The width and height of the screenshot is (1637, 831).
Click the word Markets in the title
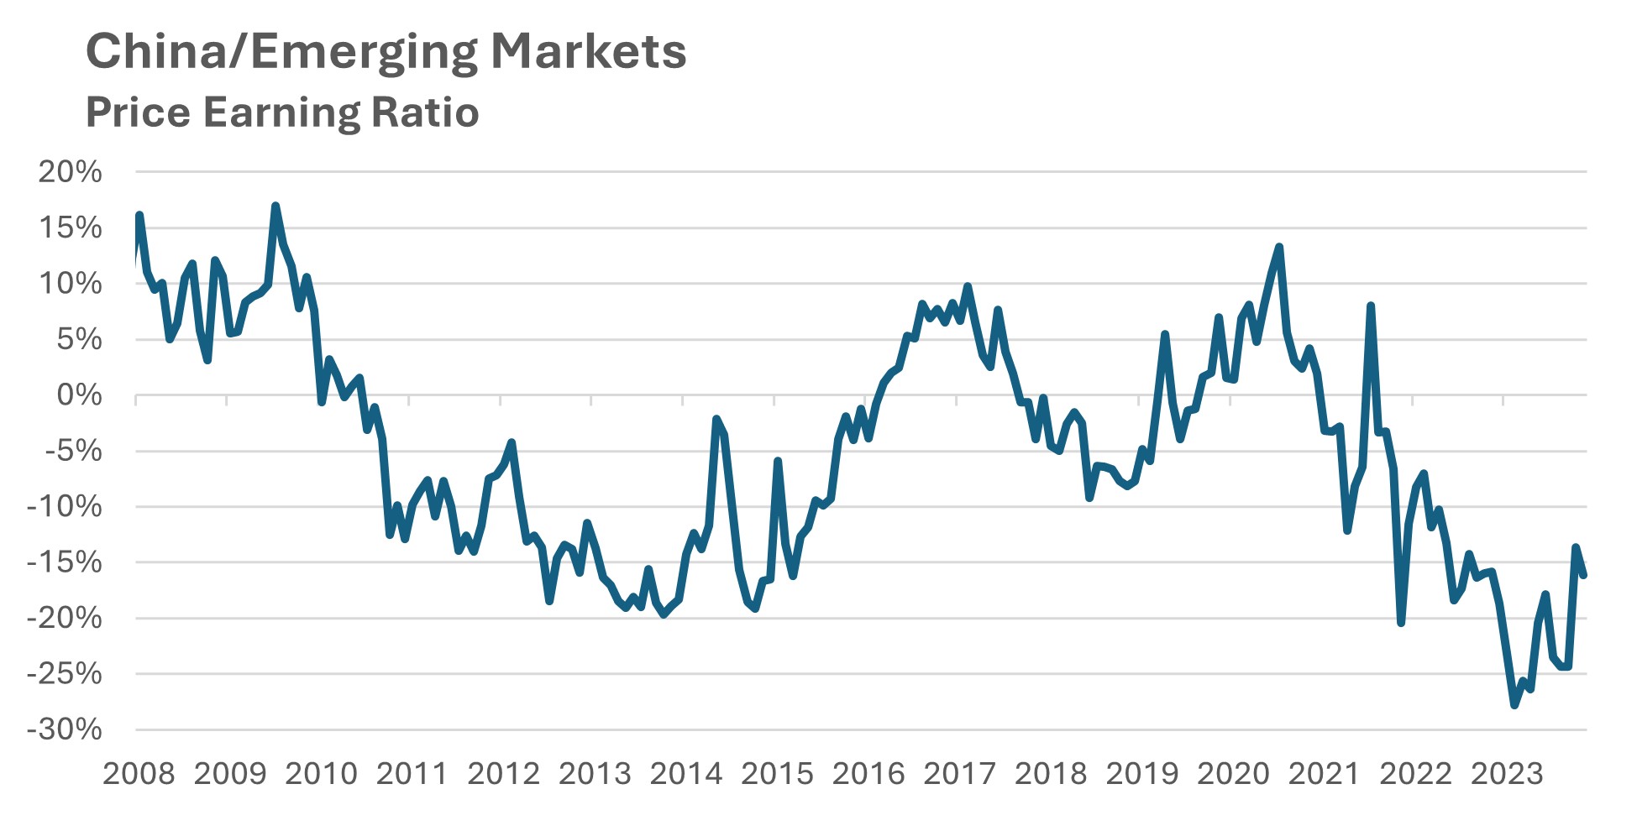[x=588, y=52]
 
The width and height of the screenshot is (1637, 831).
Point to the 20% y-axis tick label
[x=70, y=172]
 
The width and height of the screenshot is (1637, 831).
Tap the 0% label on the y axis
[x=79, y=395]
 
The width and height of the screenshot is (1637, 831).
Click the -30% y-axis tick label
[x=64, y=729]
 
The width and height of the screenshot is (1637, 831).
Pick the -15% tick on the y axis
[x=64, y=562]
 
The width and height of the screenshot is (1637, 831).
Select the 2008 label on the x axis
[x=139, y=774]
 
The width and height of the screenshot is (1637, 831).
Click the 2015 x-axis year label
[x=777, y=774]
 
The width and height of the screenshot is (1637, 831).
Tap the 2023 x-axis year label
[x=1506, y=774]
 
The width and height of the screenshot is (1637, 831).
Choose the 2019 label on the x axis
[x=1141, y=774]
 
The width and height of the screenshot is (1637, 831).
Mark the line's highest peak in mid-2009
[x=275, y=206]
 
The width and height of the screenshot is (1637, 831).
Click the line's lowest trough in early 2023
[x=1514, y=705]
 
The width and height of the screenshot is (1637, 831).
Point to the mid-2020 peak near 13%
[x=1278, y=247]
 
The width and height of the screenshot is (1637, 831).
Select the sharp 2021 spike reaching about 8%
[x=1370, y=306]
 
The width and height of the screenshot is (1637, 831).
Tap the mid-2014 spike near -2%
[x=716, y=419]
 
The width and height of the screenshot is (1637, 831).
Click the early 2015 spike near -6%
[x=778, y=461]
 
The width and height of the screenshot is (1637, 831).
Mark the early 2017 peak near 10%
[x=968, y=286]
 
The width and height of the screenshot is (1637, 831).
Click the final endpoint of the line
[x=1583, y=576]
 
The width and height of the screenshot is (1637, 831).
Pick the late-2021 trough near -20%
[x=1401, y=622]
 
